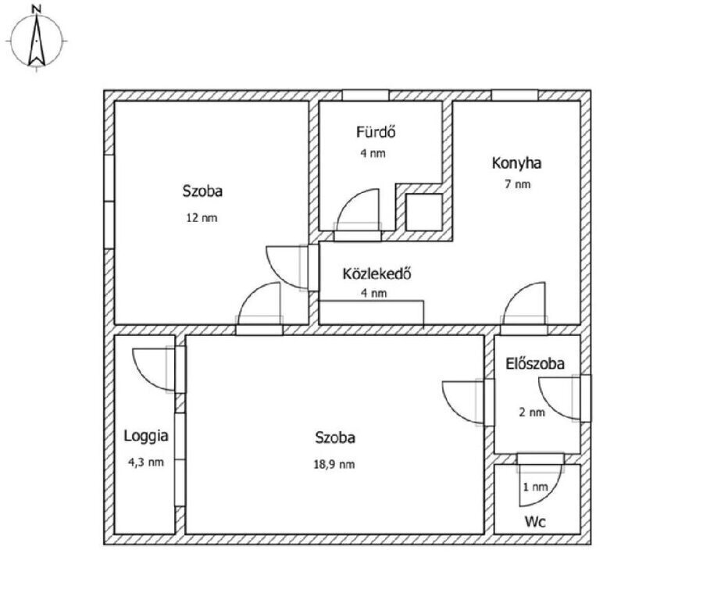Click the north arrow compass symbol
(37, 41)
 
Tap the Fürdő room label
(376, 132)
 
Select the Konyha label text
(516, 163)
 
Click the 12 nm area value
(202, 218)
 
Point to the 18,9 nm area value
(334, 464)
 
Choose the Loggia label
(146, 436)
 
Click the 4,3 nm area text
(146, 462)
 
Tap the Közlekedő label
(377, 273)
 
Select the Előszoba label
(535, 364)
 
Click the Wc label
(535, 522)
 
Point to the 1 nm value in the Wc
(535, 487)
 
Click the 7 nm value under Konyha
(517, 184)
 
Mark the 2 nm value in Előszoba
(532, 412)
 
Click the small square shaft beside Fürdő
(424, 212)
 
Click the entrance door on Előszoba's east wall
(586, 398)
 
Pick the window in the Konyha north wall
(515, 95)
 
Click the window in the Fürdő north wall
(366, 95)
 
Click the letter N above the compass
(37, 9)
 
